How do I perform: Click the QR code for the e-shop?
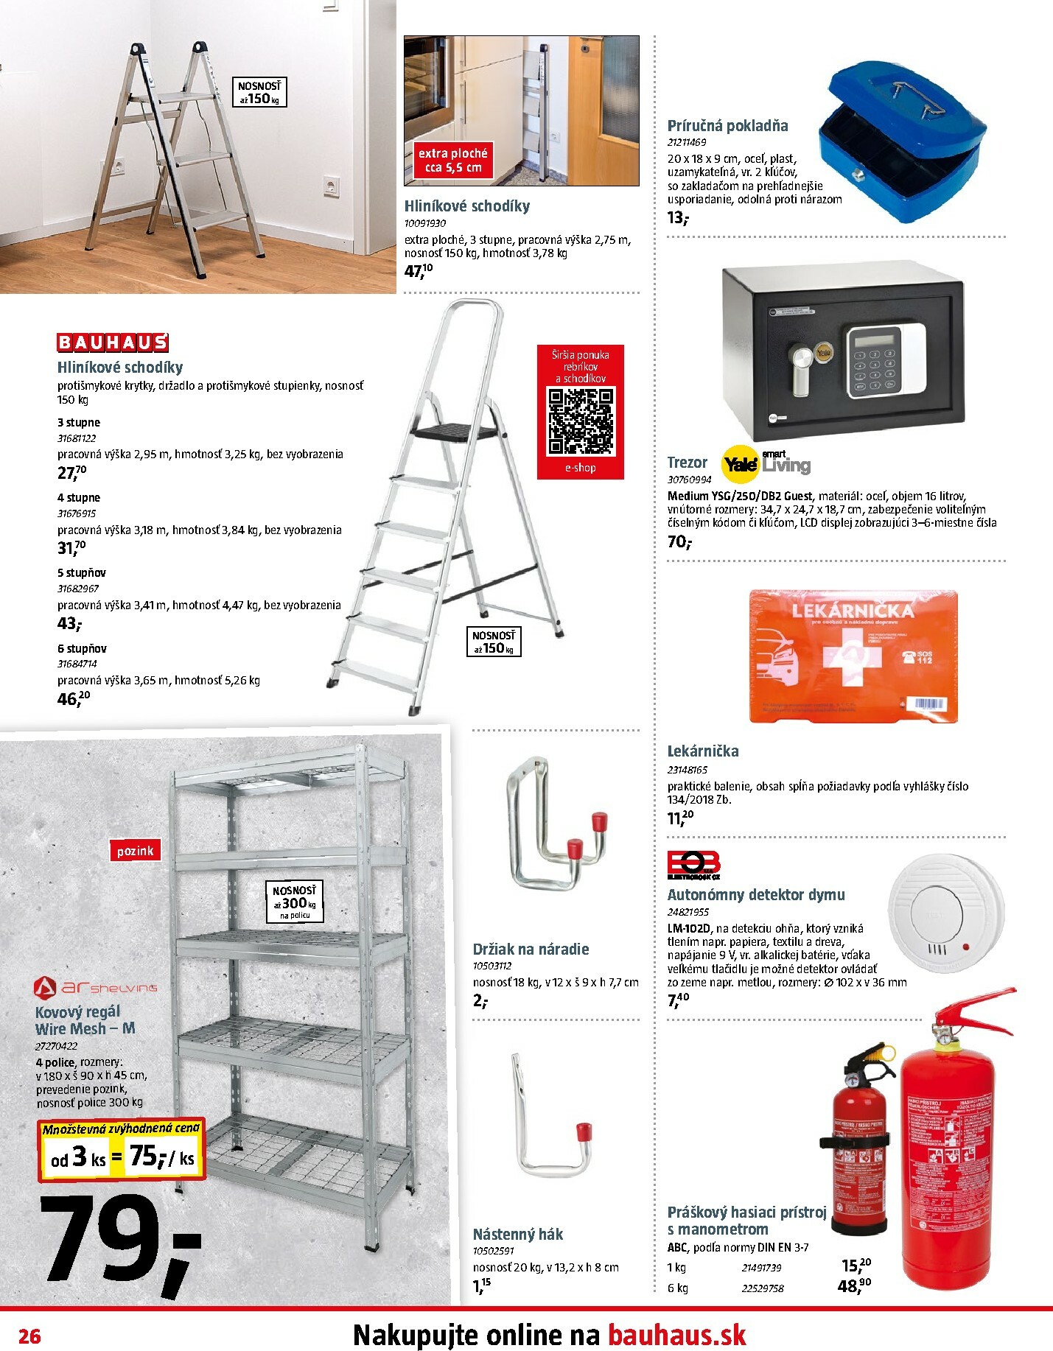[580, 421]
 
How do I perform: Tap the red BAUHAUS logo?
[113, 343]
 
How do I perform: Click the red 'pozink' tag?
[135, 851]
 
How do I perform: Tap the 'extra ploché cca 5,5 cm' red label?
[452, 161]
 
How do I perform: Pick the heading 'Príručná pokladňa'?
[727, 126]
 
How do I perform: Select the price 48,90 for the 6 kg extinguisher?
[854, 1286]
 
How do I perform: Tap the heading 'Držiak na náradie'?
[531, 950]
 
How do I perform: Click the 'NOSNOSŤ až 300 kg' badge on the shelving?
[295, 902]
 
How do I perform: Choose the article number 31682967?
[78, 589]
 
